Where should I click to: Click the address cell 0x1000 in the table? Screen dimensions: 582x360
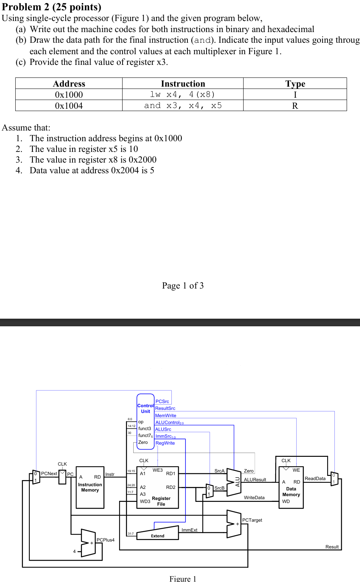[69, 95]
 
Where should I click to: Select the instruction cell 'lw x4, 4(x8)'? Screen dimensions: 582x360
[182, 94]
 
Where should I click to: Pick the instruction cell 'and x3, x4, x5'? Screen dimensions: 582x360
[182, 106]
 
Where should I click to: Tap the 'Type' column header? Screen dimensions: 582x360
[295, 84]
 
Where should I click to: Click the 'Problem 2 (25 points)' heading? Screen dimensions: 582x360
[52, 7]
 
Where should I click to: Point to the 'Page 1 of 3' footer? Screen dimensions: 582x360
[182, 285]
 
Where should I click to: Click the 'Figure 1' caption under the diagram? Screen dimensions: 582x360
[182, 579]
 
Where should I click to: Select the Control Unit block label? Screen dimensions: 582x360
[145, 408]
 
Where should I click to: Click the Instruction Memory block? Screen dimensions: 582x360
[90, 487]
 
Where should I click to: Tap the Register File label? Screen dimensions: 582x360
[161, 501]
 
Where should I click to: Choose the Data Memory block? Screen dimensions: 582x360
[291, 492]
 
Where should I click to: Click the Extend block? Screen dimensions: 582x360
[158, 536]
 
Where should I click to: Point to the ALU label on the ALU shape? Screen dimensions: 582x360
[237, 482]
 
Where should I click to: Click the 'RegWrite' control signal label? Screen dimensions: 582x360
[165, 443]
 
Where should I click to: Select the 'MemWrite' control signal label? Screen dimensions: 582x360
[166, 416]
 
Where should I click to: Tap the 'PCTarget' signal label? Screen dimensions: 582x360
[252, 520]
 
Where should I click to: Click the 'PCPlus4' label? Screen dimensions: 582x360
[105, 540]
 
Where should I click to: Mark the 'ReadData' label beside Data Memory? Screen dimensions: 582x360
[315, 479]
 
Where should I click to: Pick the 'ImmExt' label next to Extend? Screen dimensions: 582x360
[189, 530]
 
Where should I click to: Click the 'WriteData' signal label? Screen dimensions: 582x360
[254, 498]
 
